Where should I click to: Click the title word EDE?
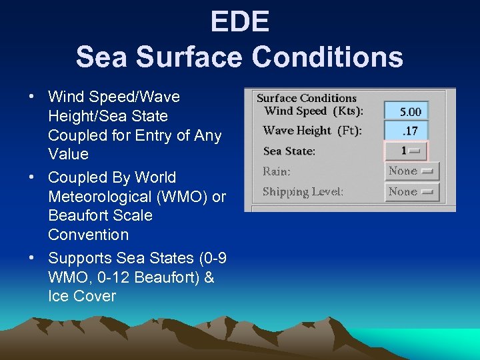240,22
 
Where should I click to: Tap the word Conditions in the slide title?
327,57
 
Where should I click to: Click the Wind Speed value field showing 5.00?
406,111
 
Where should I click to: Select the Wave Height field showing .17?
406,131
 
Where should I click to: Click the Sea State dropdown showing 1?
406,151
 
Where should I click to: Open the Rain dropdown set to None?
411,171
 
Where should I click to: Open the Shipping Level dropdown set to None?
411,192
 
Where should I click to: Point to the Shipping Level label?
303,192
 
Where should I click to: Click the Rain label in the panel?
276,171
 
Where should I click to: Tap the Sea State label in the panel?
289,151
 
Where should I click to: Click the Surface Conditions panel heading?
307,98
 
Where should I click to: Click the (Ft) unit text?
349,131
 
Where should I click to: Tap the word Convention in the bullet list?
88,235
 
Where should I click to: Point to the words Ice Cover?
82,296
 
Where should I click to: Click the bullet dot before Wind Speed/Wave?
31,97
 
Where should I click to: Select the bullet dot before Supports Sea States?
31,257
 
